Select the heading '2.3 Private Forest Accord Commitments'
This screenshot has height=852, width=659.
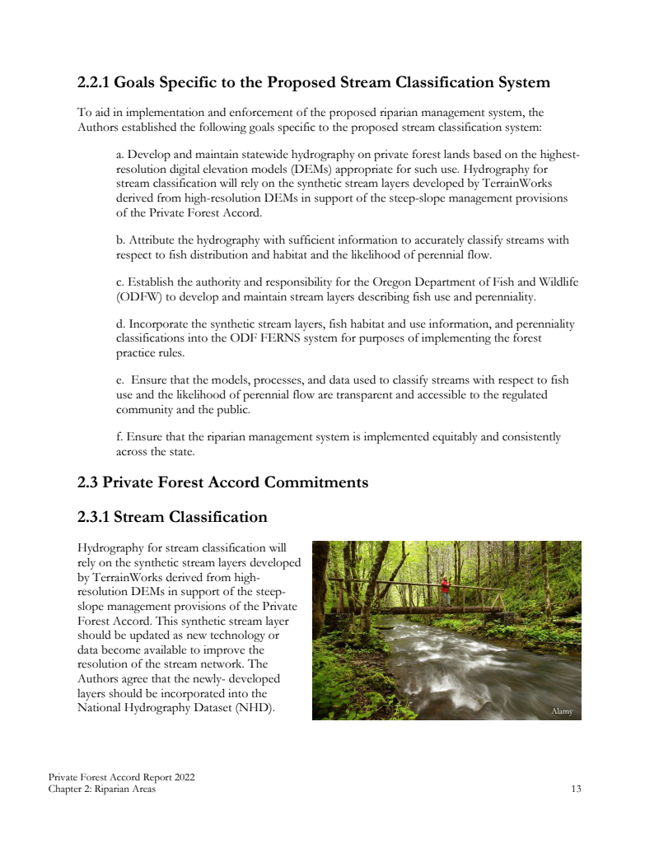click(222, 482)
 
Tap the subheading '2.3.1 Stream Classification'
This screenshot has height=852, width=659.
click(172, 517)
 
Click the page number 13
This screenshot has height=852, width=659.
click(576, 789)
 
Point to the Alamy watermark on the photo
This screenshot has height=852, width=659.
click(561, 711)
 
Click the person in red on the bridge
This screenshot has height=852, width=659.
click(446, 587)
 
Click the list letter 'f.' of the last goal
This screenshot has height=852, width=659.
click(119, 436)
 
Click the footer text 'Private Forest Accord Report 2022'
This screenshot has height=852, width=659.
click(121, 778)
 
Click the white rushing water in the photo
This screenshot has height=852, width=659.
click(461, 659)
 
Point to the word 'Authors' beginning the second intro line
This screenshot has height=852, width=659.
click(98, 127)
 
